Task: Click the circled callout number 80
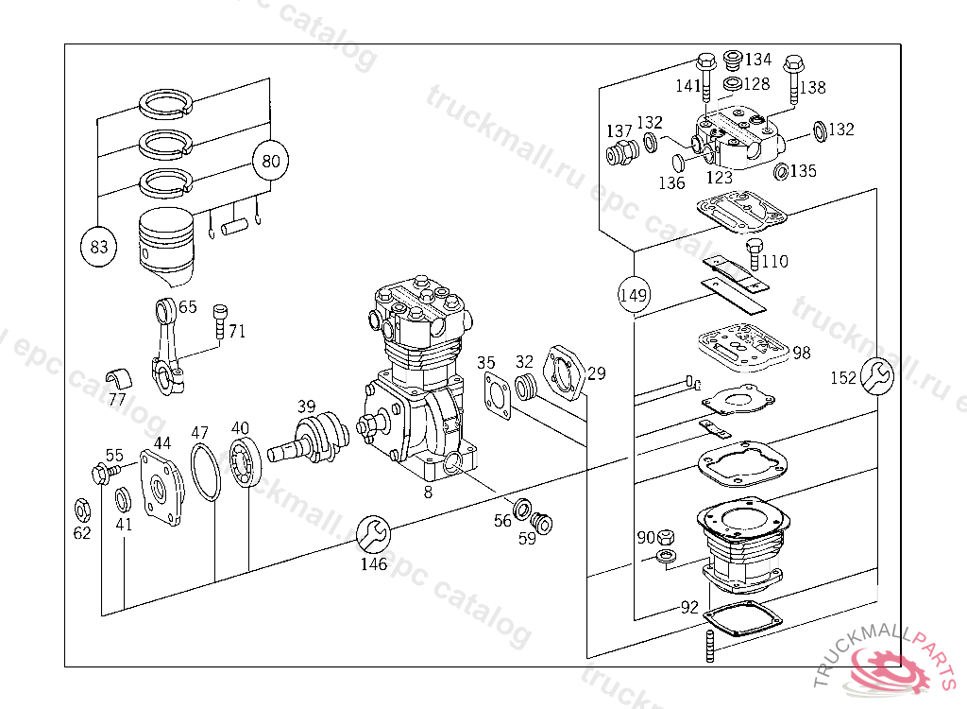(x=271, y=161)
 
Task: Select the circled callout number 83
(x=99, y=248)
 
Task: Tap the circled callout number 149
(x=635, y=295)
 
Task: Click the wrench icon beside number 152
(x=878, y=376)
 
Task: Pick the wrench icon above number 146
(x=373, y=534)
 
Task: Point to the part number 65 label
(x=188, y=307)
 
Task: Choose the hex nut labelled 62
(x=81, y=510)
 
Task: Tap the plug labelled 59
(x=542, y=522)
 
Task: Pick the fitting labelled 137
(x=619, y=153)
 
